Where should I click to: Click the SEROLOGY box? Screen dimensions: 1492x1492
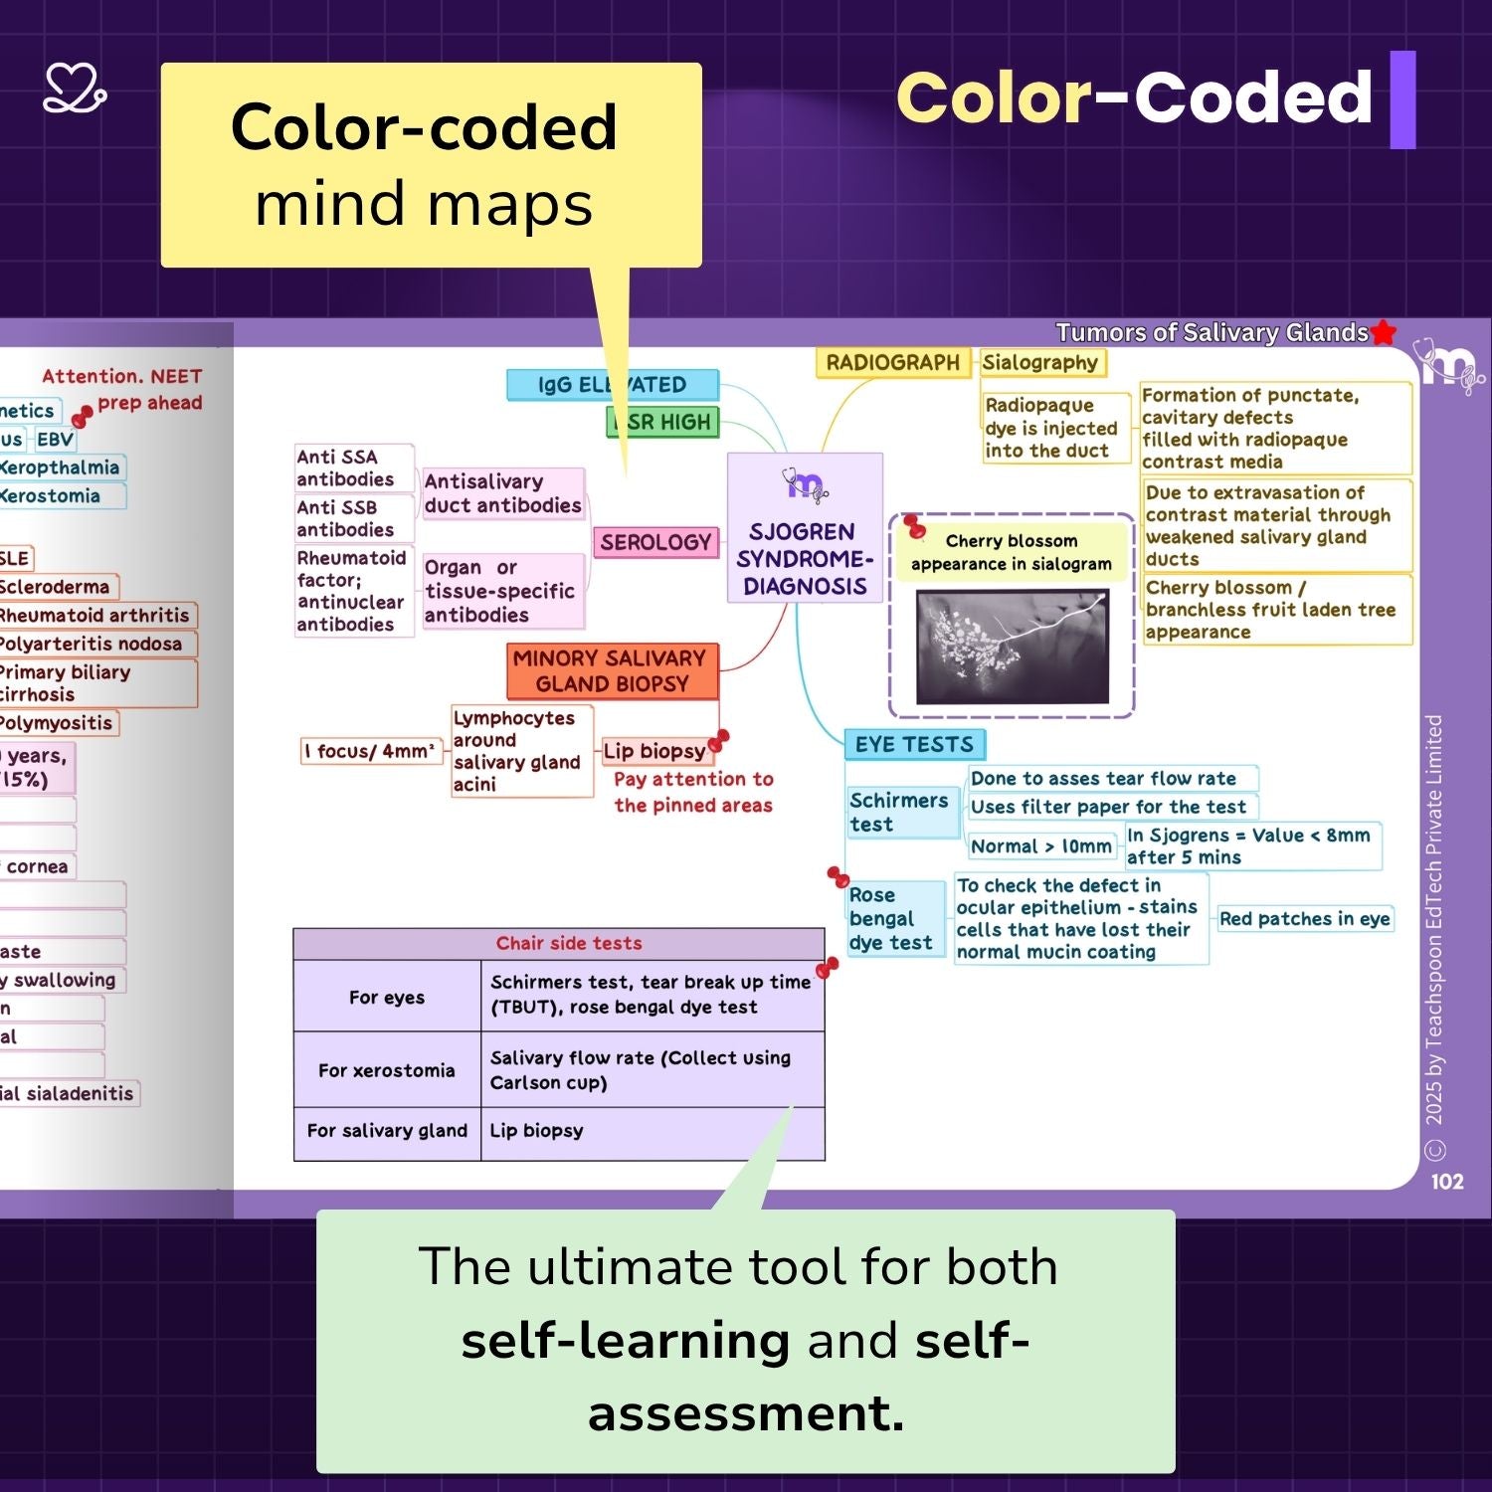coord(656,542)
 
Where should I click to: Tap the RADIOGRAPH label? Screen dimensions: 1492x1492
coord(892,363)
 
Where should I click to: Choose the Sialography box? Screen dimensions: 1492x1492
coord(1040,363)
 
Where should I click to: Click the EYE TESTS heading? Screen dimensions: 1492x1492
coord(914,744)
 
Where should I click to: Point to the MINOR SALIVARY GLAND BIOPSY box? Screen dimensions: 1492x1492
coord(611,671)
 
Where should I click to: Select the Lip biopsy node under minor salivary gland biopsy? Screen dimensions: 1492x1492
coord(654,751)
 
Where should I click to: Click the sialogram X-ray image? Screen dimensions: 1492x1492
coord(1012,647)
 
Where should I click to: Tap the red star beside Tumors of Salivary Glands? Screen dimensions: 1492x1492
coord(1384,333)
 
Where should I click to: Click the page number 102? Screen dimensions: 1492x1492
coord(1447,1182)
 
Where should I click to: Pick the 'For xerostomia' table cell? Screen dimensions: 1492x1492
coord(387,1070)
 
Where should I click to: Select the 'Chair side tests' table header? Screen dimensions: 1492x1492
coord(569,943)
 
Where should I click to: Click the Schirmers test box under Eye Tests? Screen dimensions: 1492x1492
coord(899,812)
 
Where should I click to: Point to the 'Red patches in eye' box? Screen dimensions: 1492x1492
coord(1304,919)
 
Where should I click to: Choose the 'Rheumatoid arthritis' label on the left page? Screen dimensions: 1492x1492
coord(93,616)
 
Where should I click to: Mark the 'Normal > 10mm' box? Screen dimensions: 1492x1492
coord(1041,846)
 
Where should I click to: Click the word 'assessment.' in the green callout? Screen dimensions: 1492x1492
coord(746,1413)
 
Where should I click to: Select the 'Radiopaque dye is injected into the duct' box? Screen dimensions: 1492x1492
coord(1052,428)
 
